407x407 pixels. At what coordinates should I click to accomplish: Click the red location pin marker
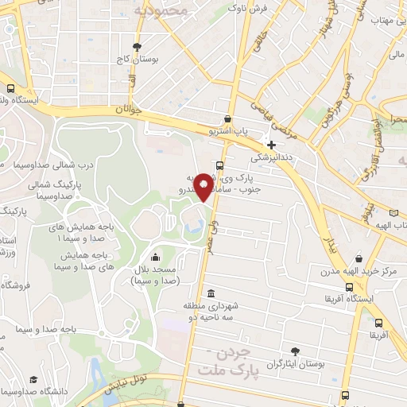[x=203, y=186]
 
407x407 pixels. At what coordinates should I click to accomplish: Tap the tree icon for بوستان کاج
[x=138, y=46]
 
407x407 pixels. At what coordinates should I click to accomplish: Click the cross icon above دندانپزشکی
[x=272, y=145]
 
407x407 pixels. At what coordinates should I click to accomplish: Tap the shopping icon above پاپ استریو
[x=228, y=119]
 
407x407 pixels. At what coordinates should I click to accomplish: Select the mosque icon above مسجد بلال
[x=153, y=256]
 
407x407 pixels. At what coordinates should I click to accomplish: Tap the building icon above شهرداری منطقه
[x=211, y=293]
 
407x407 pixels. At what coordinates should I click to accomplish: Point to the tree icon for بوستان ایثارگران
[x=296, y=351]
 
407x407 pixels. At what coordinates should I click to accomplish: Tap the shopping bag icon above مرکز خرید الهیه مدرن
[x=361, y=258]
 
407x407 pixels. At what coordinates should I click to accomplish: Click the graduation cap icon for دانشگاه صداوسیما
[x=33, y=380]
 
